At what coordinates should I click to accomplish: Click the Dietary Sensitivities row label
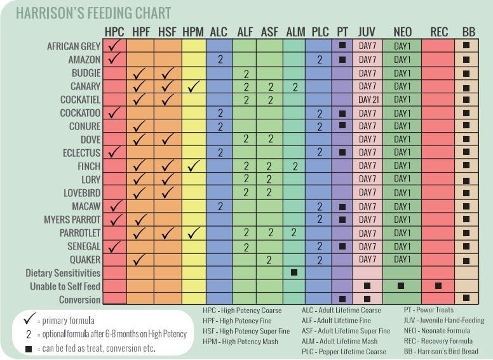(x=63, y=273)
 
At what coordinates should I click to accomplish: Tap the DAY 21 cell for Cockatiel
(x=368, y=100)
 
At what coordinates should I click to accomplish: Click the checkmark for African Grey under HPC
(x=115, y=46)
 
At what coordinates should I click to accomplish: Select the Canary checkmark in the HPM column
(x=193, y=86)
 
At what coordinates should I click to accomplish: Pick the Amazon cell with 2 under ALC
(x=220, y=60)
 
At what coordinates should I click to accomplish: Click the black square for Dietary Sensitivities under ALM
(x=294, y=273)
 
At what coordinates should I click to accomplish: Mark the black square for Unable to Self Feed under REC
(x=438, y=286)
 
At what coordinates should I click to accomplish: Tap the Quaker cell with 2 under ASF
(x=269, y=260)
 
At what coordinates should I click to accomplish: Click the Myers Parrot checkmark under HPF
(x=141, y=220)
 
